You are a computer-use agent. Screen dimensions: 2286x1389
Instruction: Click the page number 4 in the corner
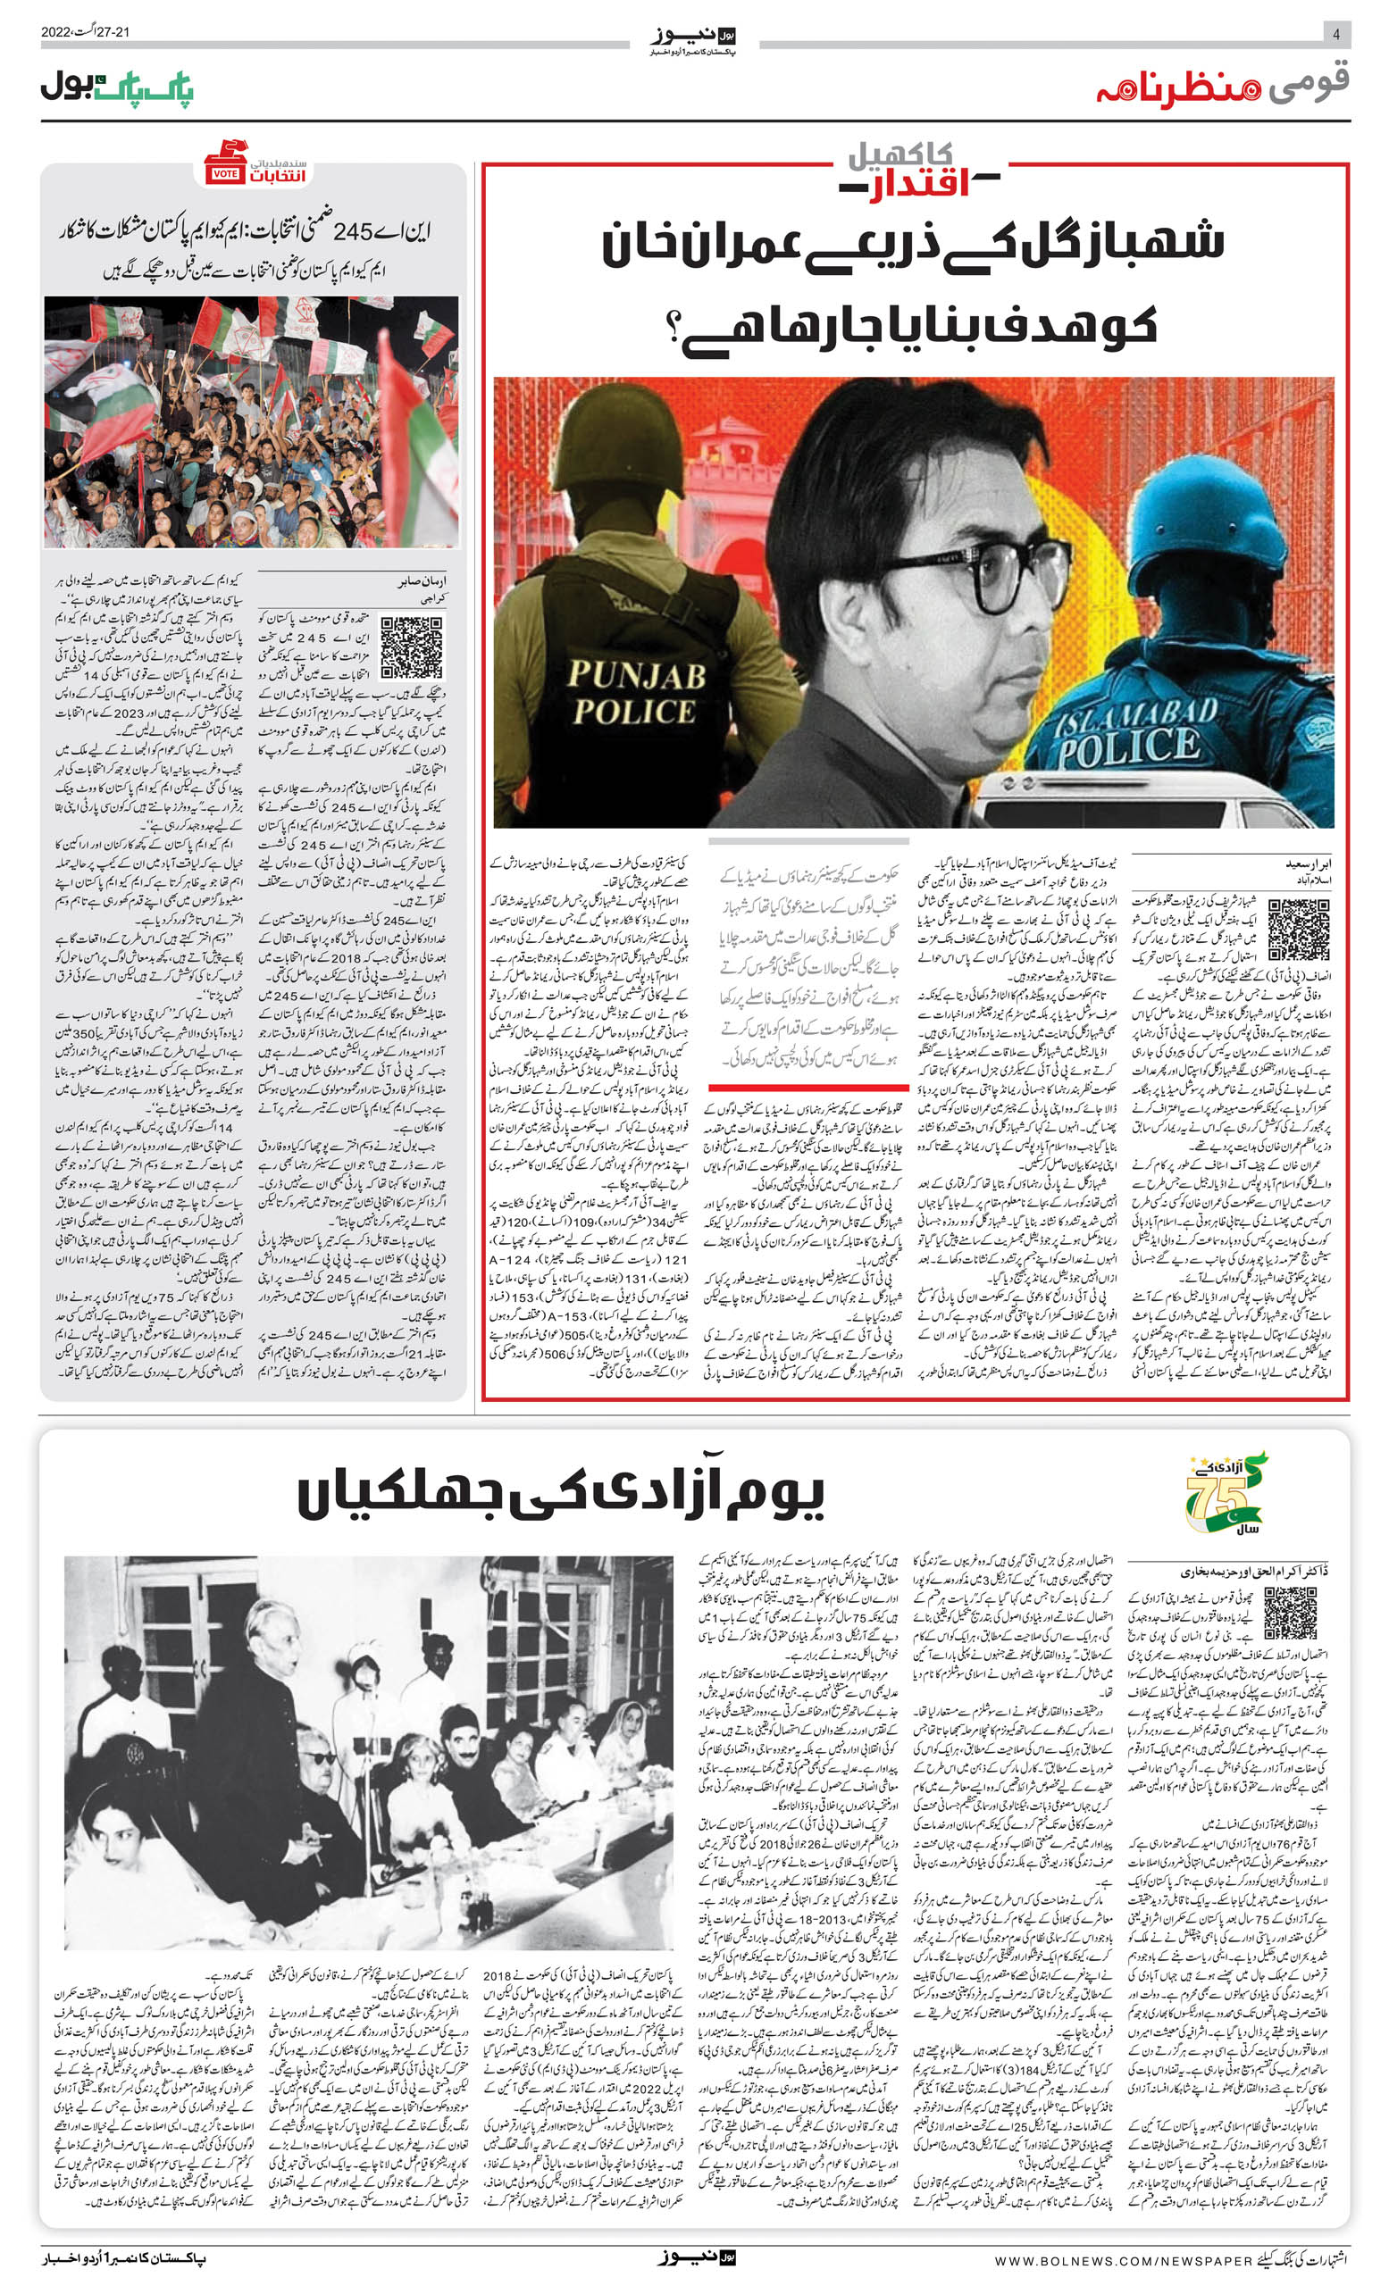tap(1335, 33)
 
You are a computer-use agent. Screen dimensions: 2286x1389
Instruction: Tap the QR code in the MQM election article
tap(411, 646)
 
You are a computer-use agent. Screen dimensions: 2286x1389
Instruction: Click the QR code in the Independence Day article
tap(1290, 1613)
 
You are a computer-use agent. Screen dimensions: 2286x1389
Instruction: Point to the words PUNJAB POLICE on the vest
tap(637, 692)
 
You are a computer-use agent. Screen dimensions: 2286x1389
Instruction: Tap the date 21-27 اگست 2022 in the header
tap(86, 32)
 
